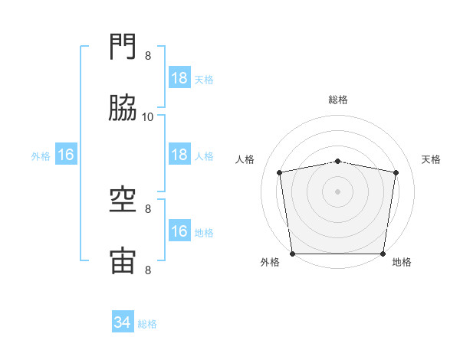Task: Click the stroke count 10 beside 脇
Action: (x=148, y=116)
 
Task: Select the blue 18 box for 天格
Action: (x=179, y=78)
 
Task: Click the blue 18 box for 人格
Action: (x=179, y=155)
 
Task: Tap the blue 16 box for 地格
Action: (x=179, y=231)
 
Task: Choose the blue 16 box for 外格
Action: (x=66, y=155)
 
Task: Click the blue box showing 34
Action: (x=123, y=322)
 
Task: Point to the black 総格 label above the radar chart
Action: (x=338, y=100)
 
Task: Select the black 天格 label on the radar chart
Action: (x=431, y=159)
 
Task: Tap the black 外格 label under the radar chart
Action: (x=270, y=262)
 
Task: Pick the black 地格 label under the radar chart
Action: (x=402, y=262)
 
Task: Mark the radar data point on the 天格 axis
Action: (x=396, y=172)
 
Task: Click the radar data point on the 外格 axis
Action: (x=292, y=254)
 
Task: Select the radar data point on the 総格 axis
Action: (x=338, y=161)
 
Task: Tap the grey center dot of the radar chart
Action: (x=338, y=191)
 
